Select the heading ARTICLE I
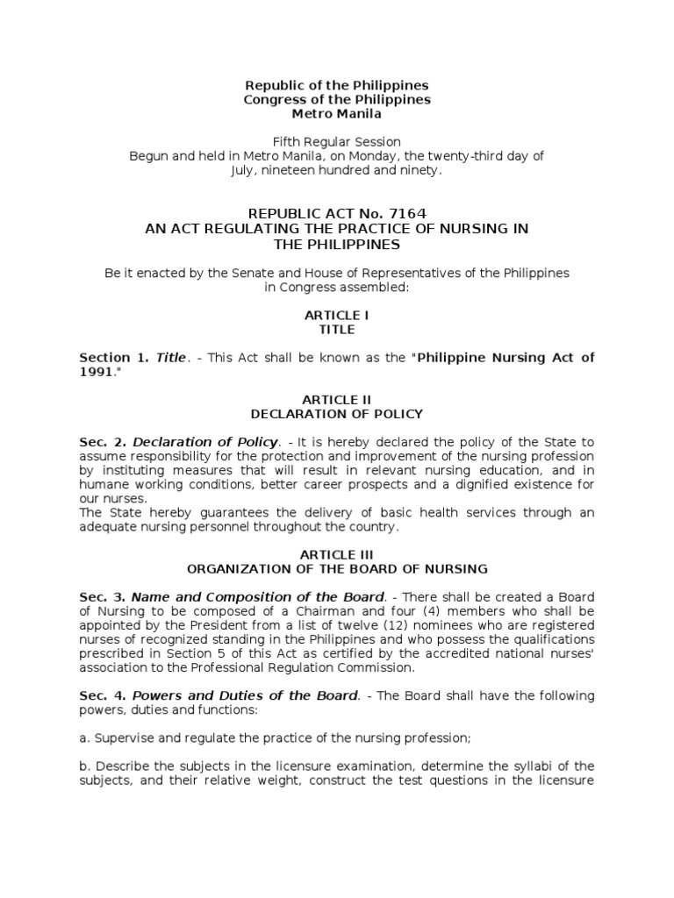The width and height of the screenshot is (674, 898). (337, 315)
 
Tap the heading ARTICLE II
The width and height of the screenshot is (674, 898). (337, 399)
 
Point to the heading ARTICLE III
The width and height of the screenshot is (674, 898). (337, 554)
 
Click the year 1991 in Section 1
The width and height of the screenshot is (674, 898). (96, 372)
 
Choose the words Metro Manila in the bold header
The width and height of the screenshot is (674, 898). (337, 114)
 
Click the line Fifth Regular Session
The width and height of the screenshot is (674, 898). (337, 141)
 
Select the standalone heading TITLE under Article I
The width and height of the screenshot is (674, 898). (337, 330)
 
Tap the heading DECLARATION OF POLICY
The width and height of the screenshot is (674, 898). (337, 414)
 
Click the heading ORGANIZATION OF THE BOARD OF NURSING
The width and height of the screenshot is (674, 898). (337, 569)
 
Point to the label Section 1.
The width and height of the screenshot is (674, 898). (115, 358)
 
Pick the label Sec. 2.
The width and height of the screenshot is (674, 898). (103, 441)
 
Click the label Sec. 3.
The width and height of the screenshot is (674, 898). (103, 596)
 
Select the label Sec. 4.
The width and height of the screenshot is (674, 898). (103, 695)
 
